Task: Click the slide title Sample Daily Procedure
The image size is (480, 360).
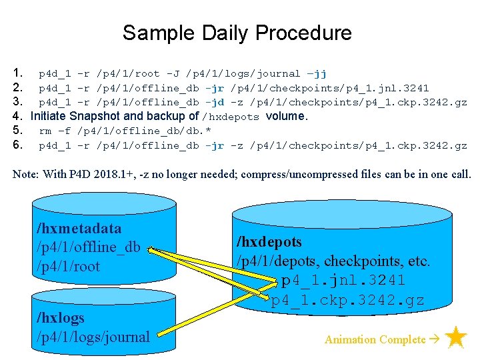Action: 237,33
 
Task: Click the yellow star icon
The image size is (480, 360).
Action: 456,337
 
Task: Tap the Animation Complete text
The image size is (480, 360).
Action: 374,339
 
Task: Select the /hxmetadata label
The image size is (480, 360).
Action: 79,229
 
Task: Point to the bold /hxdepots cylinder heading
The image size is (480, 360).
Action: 269,242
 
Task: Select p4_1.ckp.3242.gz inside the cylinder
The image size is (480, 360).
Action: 347,300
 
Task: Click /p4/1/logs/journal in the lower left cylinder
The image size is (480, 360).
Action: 93,337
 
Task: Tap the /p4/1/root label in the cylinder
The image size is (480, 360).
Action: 68,267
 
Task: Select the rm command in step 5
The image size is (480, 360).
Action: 45,131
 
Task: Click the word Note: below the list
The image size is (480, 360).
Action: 26,174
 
